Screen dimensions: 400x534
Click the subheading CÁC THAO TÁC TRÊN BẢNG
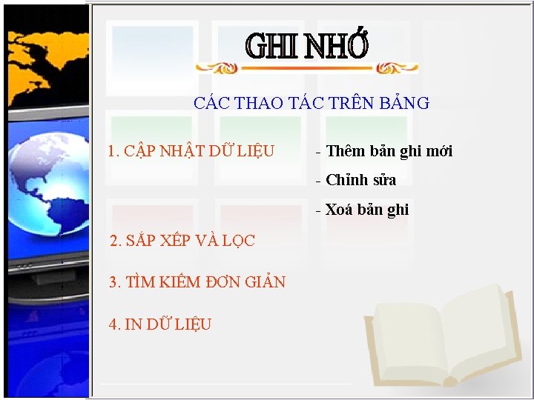tap(311, 103)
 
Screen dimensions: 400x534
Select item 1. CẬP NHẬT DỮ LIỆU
tap(191, 152)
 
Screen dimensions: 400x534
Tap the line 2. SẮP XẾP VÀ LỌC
tap(182, 241)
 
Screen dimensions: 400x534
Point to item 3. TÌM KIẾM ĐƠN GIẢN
tap(197, 282)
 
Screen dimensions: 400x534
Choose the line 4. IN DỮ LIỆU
tap(159, 324)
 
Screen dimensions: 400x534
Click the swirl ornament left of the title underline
tap(217, 68)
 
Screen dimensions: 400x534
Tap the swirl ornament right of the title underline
tap(397, 68)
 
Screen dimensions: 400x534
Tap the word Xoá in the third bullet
tap(337, 210)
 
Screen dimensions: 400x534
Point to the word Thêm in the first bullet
tap(342, 152)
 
